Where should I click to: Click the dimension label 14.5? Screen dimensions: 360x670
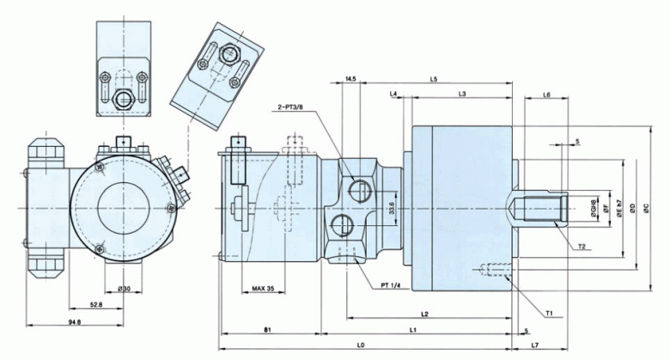pyautogui.click(x=350, y=79)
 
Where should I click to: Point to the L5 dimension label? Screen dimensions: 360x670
pyautogui.click(x=434, y=79)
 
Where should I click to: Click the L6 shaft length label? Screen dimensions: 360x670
pyautogui.click(x=547, y=95)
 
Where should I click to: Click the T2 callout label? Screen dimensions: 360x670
pyautogui.click(x=582, y=247)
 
